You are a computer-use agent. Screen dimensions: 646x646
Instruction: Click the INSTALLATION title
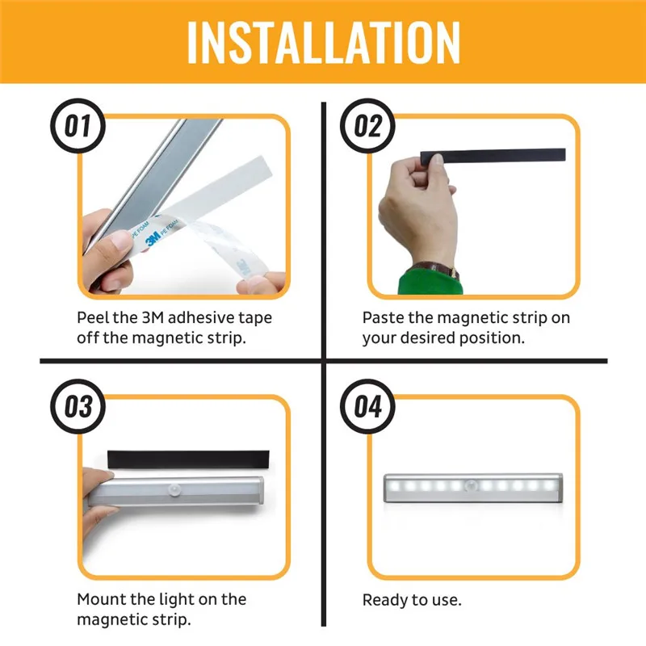click(323, 43)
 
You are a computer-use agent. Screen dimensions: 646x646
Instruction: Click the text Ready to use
click(412, 600)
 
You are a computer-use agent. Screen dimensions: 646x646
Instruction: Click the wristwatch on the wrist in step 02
click(436, 267)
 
